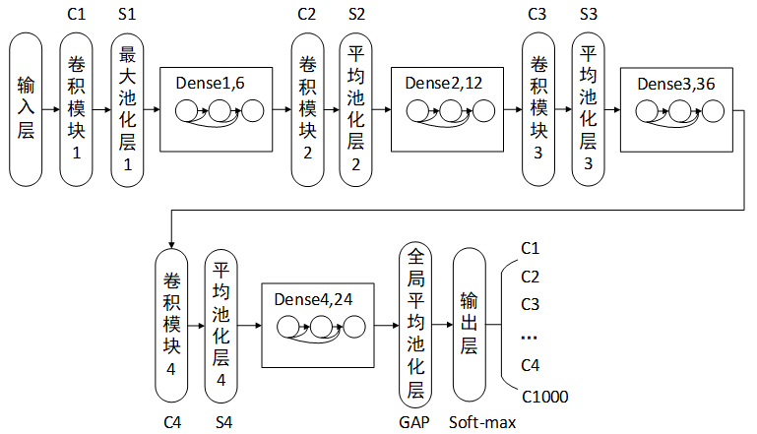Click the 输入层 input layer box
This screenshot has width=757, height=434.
26,108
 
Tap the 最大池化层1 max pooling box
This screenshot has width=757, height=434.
127,108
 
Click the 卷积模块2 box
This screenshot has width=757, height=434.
308,108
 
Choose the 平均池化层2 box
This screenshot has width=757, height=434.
356,108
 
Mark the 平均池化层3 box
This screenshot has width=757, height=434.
589,108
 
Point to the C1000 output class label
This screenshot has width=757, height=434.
544,397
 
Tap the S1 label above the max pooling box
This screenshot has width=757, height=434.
126,15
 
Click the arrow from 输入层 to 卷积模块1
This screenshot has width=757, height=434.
51,108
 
